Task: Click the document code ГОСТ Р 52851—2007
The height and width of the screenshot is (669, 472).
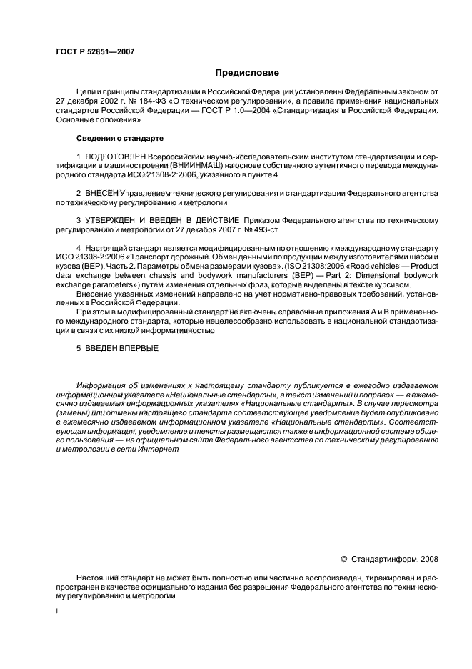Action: tap(94, 51)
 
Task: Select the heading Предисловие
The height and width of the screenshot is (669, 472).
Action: tap(243, 73)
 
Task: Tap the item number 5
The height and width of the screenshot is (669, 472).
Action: tap(79, 349)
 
